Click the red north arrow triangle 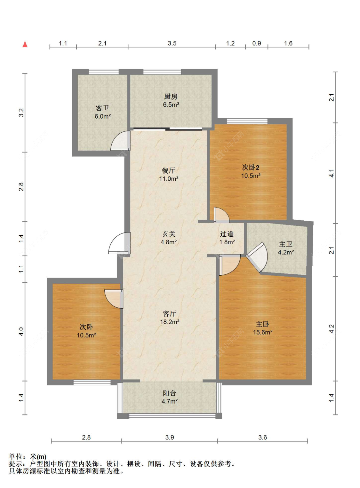(25, 44)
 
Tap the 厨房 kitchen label (171, 96)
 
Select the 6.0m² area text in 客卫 (103, 116)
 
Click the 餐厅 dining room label (169, 170)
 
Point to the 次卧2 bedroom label (251, 168)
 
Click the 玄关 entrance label (169, 234)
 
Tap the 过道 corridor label (227, 234)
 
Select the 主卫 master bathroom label (286, 244)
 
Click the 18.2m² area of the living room (170, 322)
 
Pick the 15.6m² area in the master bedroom (263, 332)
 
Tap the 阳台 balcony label (169, 393)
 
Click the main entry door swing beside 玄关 (119, 243)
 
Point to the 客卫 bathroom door (121, 140)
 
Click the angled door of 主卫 (257, 257)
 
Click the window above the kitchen (162, 72)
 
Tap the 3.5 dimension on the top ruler (172, 43)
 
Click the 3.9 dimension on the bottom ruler (170, 437)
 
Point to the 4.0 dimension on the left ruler (21, 332)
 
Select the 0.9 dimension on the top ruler (257, 43)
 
